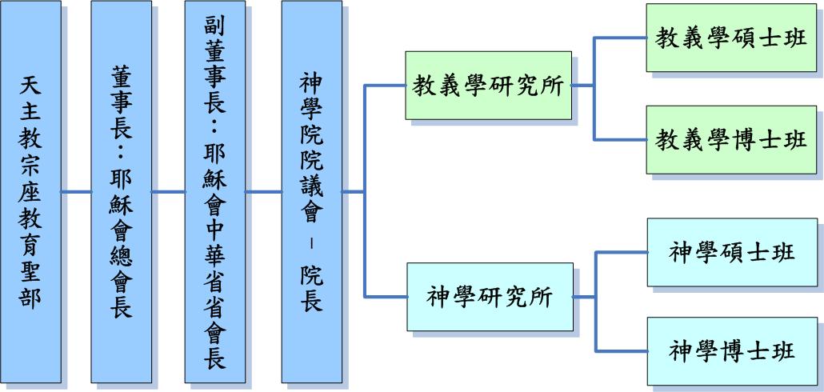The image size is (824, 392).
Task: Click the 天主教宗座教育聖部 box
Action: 30,192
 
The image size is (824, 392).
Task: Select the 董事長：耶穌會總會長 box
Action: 121,192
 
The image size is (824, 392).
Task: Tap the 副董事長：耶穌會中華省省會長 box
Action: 214,192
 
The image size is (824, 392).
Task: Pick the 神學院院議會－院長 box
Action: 311,192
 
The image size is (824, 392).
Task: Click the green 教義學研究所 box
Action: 487,86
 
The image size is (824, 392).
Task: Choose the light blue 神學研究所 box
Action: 490,297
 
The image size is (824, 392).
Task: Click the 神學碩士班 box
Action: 732,252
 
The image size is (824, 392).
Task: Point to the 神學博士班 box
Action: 732,350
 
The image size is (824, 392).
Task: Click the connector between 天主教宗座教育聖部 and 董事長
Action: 76,192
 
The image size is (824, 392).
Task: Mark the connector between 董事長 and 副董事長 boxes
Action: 168,192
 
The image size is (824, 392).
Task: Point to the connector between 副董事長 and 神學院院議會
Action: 263,192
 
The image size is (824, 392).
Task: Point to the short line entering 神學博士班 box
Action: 622,350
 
